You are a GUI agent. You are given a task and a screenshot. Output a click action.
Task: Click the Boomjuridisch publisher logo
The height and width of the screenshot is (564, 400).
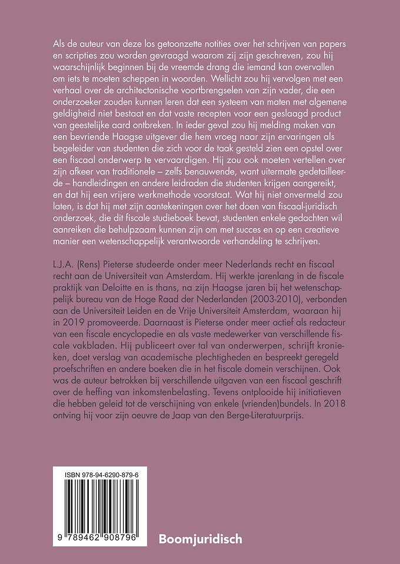click(x=201, y=538)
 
